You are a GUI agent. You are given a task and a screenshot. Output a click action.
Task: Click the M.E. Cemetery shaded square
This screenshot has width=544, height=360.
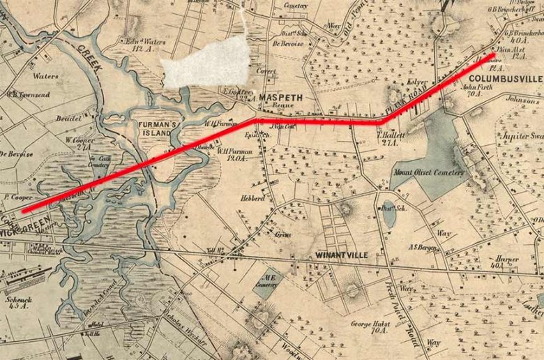pyautogui.click(x=263, y=285)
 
